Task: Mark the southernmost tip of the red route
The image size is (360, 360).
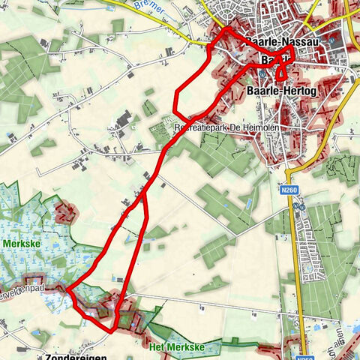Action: (x=112, y=330)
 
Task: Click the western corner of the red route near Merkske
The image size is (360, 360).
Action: (x=68, y=289)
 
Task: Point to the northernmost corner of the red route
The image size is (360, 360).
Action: (x=228, y=28)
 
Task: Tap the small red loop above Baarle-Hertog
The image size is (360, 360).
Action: (x=281, y=73)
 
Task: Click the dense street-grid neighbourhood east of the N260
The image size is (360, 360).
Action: (x=307, y=240)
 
